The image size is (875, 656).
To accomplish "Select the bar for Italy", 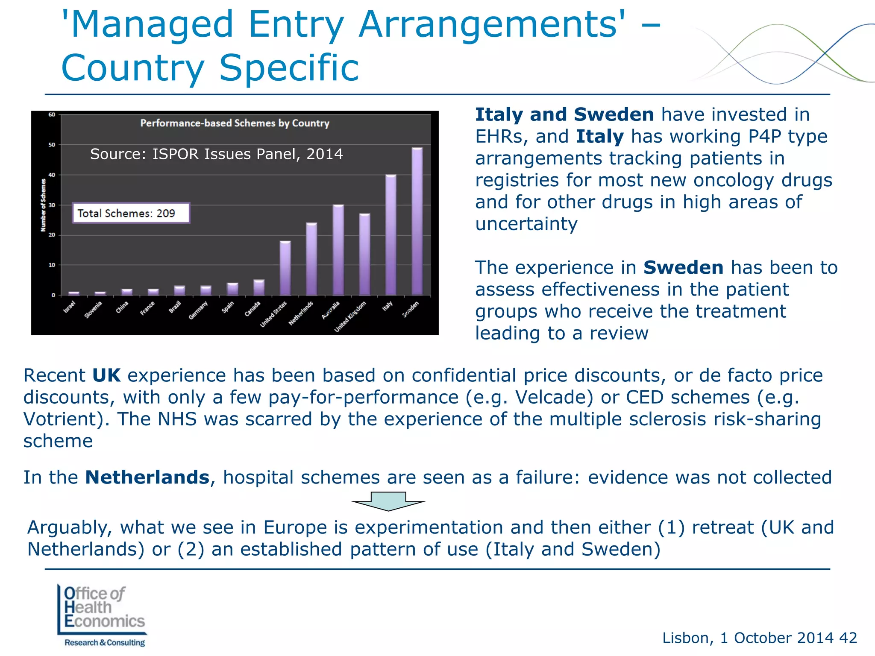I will coord(391,235).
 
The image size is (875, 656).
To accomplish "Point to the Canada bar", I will coord(259,287).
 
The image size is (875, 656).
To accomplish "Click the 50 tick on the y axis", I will coord(52,145).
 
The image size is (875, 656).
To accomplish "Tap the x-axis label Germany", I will coord(198,310).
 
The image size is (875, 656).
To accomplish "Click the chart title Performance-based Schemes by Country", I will coord(235,123).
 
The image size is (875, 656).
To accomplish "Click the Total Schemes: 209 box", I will coord(131,213).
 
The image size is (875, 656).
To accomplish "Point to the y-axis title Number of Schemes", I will coord(43,205).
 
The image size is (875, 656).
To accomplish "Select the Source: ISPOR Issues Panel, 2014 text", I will coord(216,154).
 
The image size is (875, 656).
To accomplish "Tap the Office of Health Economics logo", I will coord(102,615).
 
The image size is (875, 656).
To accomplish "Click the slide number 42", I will coord(848,638).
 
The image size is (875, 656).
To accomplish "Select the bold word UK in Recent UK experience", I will coord(106,375).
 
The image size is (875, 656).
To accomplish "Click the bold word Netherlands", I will coord(147,477).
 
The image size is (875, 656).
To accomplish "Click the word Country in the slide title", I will coord(133,68).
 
